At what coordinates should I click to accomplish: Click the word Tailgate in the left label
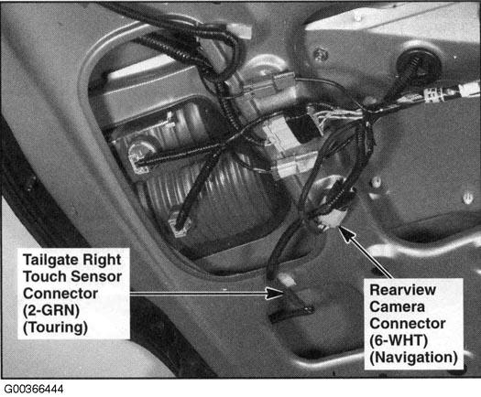click(x=50, y=260)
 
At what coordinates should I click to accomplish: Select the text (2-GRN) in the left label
click(x=51, y=310)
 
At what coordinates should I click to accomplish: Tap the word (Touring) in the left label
click(x=55, y=327)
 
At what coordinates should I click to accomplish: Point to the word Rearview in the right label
click(x=402, y=290)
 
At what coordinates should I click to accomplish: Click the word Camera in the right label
click(x=398, y=306)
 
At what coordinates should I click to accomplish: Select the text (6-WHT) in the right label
click(x=399, y=340)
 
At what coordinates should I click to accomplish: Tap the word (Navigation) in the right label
click(x=413, y=357)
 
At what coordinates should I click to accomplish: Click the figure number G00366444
click(x=34, y=389)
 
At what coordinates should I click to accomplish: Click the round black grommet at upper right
click(x=419, y=63)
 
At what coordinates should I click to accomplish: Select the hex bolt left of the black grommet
click(x=321, y=55)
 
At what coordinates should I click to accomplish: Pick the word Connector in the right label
click(x=408, y=324)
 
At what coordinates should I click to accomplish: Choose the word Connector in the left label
click(x=60, y=294)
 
